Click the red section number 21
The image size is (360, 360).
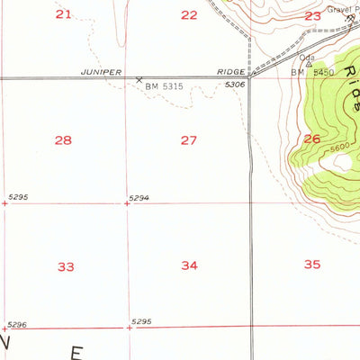(x=63, y=13)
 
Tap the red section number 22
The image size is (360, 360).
(x=188, y=14)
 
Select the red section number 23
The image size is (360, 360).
(x=312, y=16)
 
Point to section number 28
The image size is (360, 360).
(x=63, y=139)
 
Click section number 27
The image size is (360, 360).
(x=188, y=139)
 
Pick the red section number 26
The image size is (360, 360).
(x=311, y=138)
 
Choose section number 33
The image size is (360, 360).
(x=66, y=266)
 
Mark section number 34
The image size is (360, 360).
(x=189, y=265)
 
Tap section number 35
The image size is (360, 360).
(x=312, y=264)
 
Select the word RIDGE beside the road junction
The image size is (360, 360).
(x=230, y=71)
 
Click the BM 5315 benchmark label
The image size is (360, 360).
(x=166, y=86)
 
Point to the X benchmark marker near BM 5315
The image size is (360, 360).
(x=139, y=80)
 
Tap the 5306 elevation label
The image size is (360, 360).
(x=235, y=84)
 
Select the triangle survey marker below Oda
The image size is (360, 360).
(x=309, y=64)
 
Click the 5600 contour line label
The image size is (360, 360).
(x=338, y=148)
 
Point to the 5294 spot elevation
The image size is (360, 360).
(x=138, y=196)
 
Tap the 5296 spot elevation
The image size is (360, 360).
(x=17, y=323)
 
